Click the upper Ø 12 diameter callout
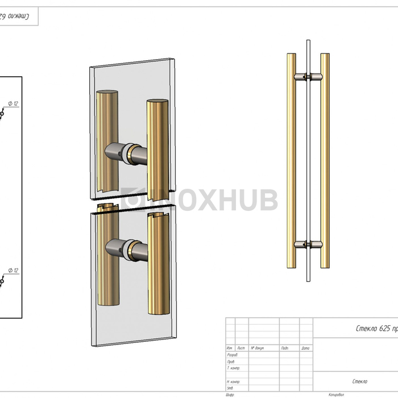tap(13, 103)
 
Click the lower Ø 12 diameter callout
tap(13, 271)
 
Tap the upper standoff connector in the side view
tap(307, 76)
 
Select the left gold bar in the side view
tap(291, 160)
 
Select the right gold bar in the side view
tap(325, 160)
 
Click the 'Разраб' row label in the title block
tap(231, 355)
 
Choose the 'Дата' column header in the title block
tap(305, 348)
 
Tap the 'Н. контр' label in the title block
tap(233, 382)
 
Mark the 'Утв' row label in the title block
tap(230, 388)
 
